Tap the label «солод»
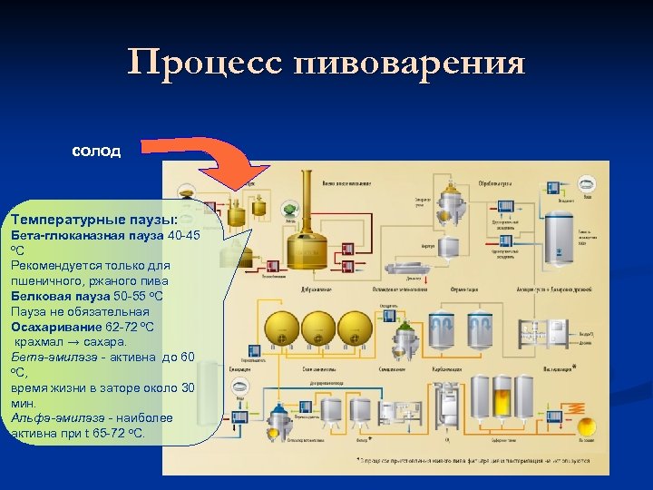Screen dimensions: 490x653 96,152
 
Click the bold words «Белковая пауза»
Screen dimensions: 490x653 61,296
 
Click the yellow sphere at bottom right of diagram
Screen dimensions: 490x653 586,426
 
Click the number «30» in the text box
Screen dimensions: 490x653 188,387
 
